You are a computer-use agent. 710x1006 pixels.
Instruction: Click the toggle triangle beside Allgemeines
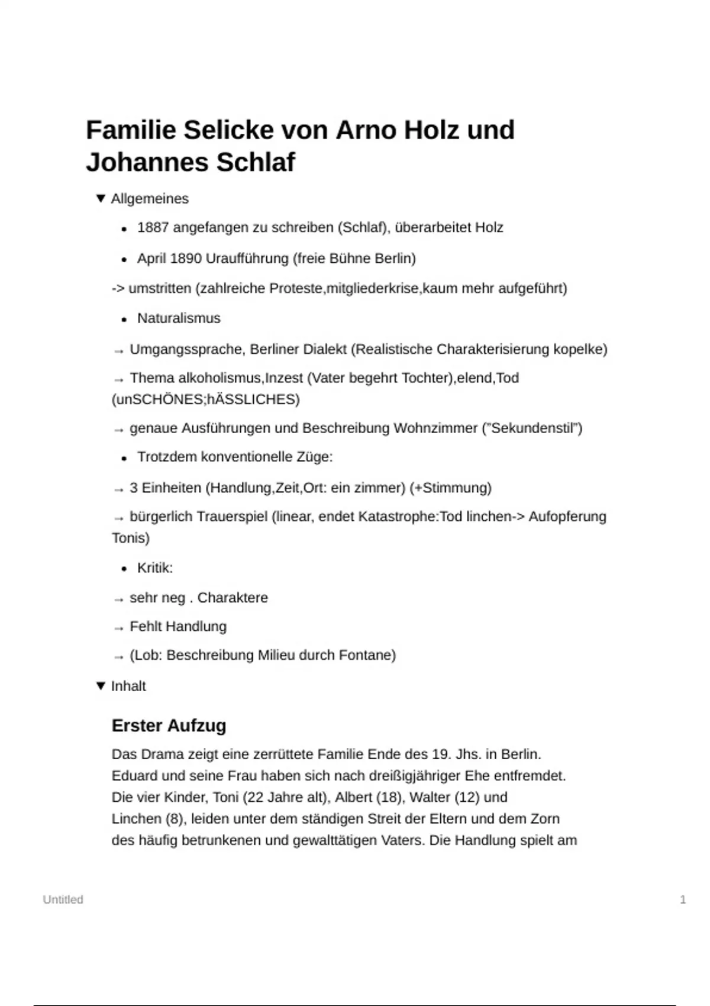point(101,198)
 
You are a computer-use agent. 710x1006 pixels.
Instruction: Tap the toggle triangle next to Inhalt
point(101,686)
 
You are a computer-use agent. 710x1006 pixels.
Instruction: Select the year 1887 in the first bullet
point(153,228)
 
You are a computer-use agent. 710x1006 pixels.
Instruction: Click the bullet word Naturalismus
point(179,318)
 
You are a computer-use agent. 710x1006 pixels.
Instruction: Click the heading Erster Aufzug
point(169,726)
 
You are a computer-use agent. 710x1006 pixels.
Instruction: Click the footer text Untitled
point(63,899)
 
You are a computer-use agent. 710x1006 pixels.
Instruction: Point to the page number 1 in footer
point(683,899)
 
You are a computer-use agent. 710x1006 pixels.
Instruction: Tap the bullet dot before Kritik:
point(124,569)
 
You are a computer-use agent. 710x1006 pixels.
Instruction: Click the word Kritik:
point(155,568)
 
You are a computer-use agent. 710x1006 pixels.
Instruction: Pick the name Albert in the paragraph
point(353,798)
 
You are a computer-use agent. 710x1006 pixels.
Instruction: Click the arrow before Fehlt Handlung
point(118,627)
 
